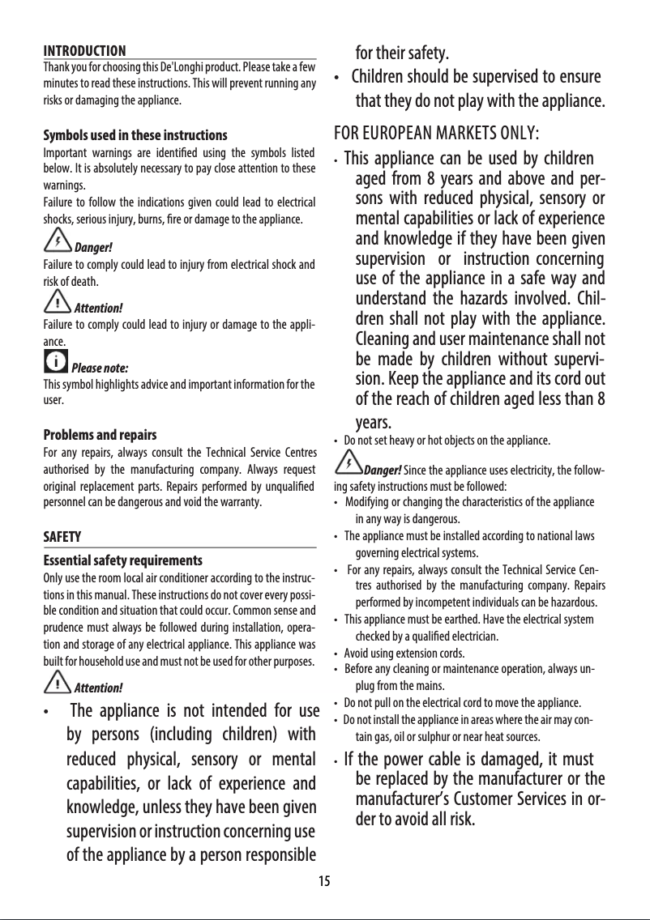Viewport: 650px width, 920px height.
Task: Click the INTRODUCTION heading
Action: pos(83,51)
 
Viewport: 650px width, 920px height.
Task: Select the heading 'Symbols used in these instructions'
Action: pos(135,134)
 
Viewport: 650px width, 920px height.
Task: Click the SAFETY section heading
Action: pos(62,537)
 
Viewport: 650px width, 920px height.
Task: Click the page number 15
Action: pos(324,881)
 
